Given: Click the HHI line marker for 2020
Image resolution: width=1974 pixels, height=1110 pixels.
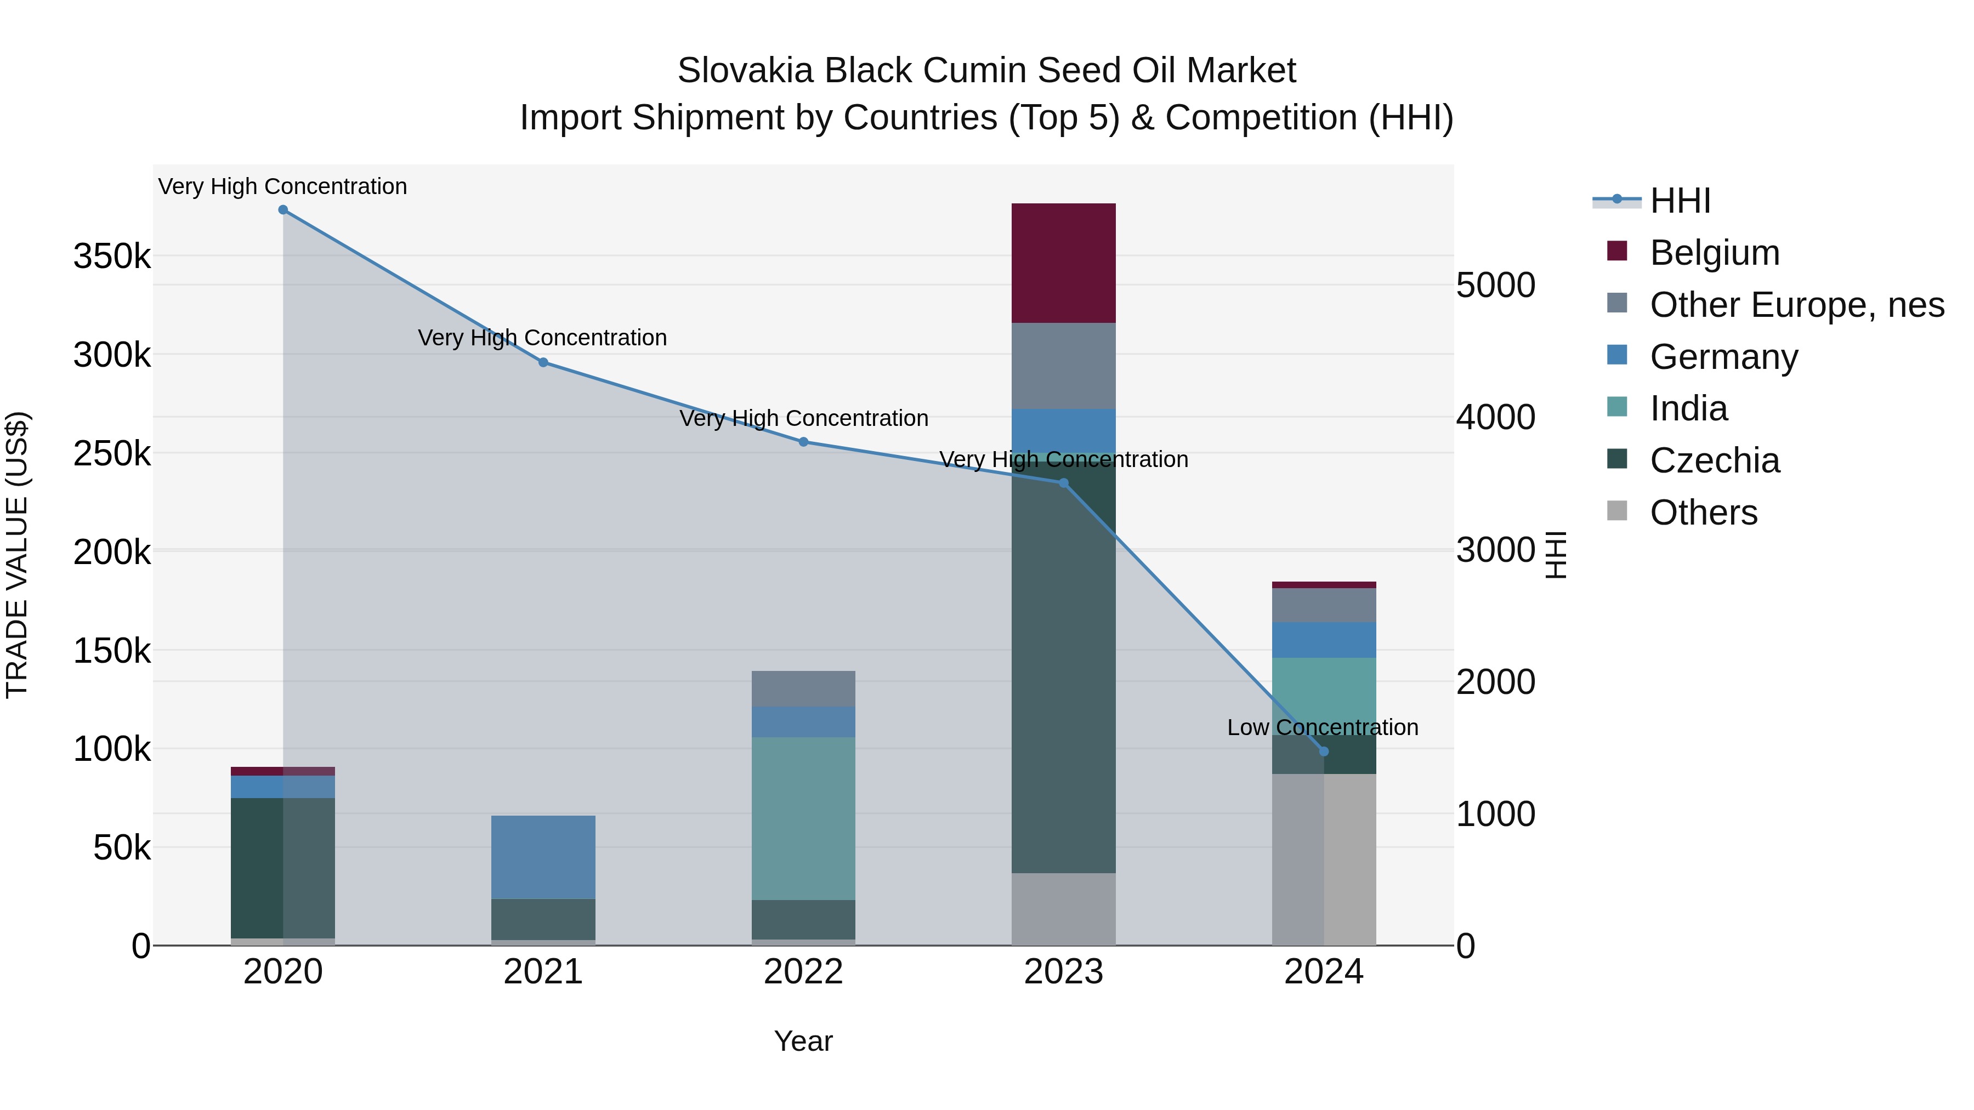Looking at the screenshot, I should click(x=283, y=210).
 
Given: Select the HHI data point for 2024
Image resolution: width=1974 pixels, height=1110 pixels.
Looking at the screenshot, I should click(x=1324, y=752).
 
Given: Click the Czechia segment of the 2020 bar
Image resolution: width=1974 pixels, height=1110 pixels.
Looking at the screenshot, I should click(x=283, y=867).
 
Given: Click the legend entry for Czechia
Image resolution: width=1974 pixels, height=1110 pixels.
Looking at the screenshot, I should click(x=1714, y=460).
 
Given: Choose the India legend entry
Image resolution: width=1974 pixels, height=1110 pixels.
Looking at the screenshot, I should click(x=1688, y=408).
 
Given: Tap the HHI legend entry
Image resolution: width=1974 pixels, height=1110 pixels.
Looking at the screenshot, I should click(x=1680, y=201).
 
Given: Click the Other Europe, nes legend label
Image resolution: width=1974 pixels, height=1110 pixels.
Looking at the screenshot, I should click(x=1796, y=305).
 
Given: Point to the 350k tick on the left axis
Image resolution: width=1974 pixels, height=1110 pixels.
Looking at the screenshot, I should click(x=112, y=256).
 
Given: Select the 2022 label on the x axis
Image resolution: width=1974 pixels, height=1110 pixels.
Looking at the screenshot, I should click(x=803, y=972).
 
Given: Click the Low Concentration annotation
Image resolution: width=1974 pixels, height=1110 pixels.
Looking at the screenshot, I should click(x=1322, y=727).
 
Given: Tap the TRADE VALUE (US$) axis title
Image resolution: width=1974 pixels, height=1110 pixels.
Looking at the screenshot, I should click(x=17, y=555).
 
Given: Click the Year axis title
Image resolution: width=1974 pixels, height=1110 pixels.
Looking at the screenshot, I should click(x=803, y=1041).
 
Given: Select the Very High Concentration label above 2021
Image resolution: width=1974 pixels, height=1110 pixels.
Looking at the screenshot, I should click(x=542, y=338).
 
